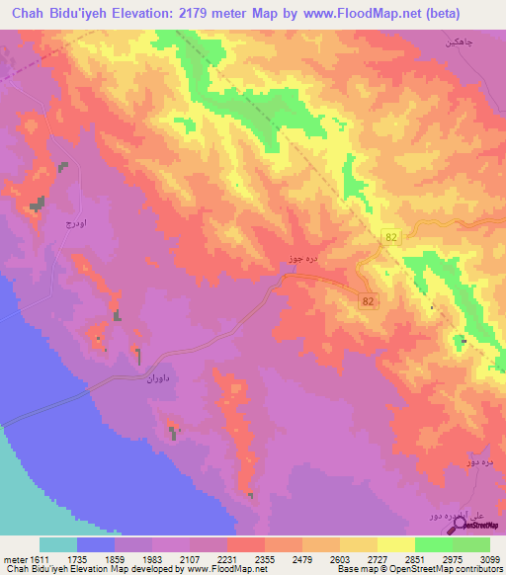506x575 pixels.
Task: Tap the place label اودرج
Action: point(62,223)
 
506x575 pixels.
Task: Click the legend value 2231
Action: point(237,558)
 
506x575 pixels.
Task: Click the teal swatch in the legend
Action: point(58,544)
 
